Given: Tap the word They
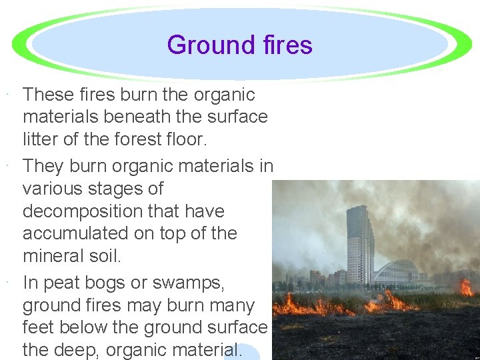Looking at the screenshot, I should pos(43,166).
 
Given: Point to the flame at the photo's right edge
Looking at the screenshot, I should pos(467,287).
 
